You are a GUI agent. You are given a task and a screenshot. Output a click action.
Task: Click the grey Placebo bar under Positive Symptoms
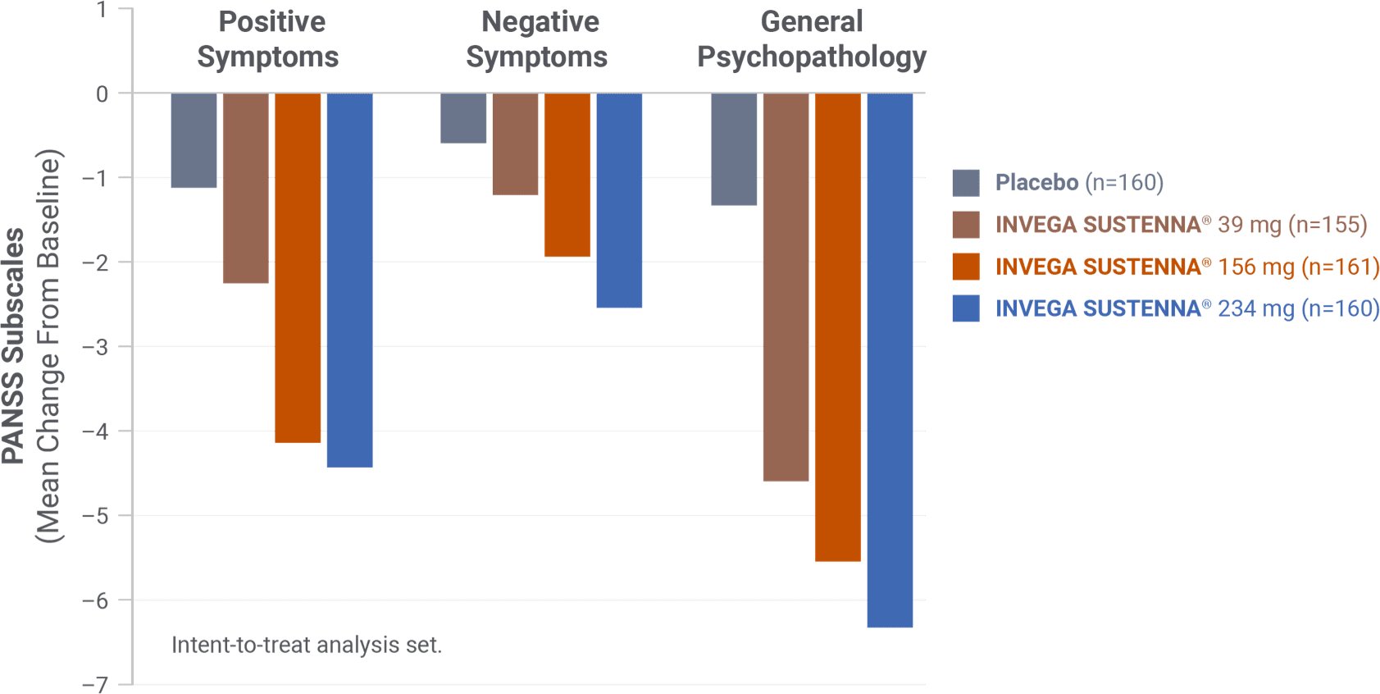tap(194, 141)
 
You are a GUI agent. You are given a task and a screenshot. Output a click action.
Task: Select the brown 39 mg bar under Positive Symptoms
tap(245, 188)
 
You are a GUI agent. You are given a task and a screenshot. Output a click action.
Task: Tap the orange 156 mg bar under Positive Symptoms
tap(298, 267)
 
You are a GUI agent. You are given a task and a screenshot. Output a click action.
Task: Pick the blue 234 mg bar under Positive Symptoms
tap(350, 280)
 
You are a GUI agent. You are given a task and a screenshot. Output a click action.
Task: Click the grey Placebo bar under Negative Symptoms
tap(463, 118)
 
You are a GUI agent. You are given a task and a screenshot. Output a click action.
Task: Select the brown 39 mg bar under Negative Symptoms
tap(515, 144)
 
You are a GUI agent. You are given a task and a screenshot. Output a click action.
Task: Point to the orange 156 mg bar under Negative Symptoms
tap(567, 175)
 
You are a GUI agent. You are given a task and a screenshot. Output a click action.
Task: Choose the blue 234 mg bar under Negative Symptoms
tap(619, 200)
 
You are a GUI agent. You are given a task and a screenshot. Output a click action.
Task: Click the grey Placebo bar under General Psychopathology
tap(733, 149)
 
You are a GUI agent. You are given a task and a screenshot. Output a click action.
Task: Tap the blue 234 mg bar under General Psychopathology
tap(890, 360)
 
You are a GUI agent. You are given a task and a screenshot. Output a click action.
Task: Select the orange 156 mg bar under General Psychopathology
tap(837, 327)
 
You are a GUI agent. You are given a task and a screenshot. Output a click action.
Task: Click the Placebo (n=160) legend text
tap(1078, 182)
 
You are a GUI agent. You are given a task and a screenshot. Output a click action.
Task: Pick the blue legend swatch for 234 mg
tap(966, 308)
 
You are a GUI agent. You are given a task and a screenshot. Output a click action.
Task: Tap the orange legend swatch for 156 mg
tap(966, 267)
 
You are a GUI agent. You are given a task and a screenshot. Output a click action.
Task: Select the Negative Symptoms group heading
tap(538, 39)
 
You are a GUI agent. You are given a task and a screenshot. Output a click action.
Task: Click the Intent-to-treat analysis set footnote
tap(307, 646)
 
